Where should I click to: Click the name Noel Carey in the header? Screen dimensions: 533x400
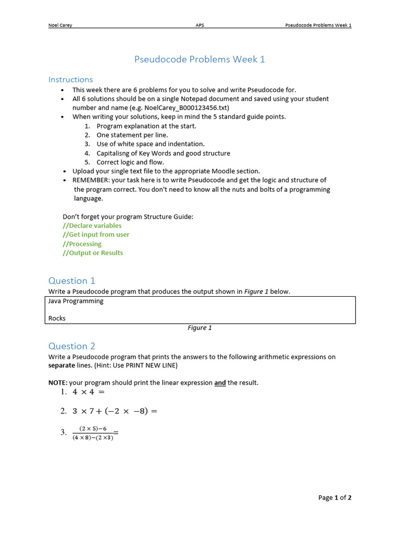(x=60, y=25)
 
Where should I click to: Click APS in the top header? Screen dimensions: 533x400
(x=200, y=25)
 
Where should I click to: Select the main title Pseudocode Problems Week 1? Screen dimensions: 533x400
(x=199, y=59)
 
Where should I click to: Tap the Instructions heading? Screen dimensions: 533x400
(x=71, y=80)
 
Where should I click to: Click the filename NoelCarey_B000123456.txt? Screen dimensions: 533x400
(x=186, y=108)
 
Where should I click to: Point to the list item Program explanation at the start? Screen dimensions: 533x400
(x=146, y=126)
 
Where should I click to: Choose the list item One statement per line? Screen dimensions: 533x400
(x=132, y=135)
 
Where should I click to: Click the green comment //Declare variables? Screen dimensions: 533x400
(x=92, y=225)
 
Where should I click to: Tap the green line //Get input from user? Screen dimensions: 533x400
(x=96, y=234)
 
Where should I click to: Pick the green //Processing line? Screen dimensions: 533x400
(x=82, y=244)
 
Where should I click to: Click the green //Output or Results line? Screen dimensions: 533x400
(x=93, y=253)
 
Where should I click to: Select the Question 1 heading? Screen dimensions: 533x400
(x=72, y=281)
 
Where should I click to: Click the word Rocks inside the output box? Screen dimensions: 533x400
(x=57, y=318)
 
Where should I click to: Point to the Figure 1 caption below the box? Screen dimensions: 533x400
(x=199, y=328)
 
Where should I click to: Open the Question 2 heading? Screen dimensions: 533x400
(x=72, y=346)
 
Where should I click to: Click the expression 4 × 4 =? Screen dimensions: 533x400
(x=89, y=392)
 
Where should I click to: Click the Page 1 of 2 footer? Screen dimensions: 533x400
(x=335, y=498)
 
